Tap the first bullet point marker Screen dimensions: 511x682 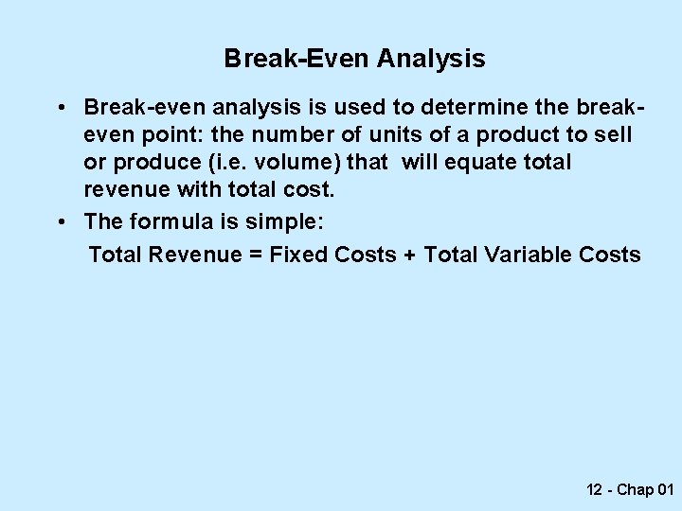[x=60, y=106]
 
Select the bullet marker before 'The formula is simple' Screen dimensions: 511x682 [x=60, y=221]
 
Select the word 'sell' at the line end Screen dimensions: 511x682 [x=612, y=134]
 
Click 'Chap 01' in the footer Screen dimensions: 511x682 [x=646, y=489]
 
